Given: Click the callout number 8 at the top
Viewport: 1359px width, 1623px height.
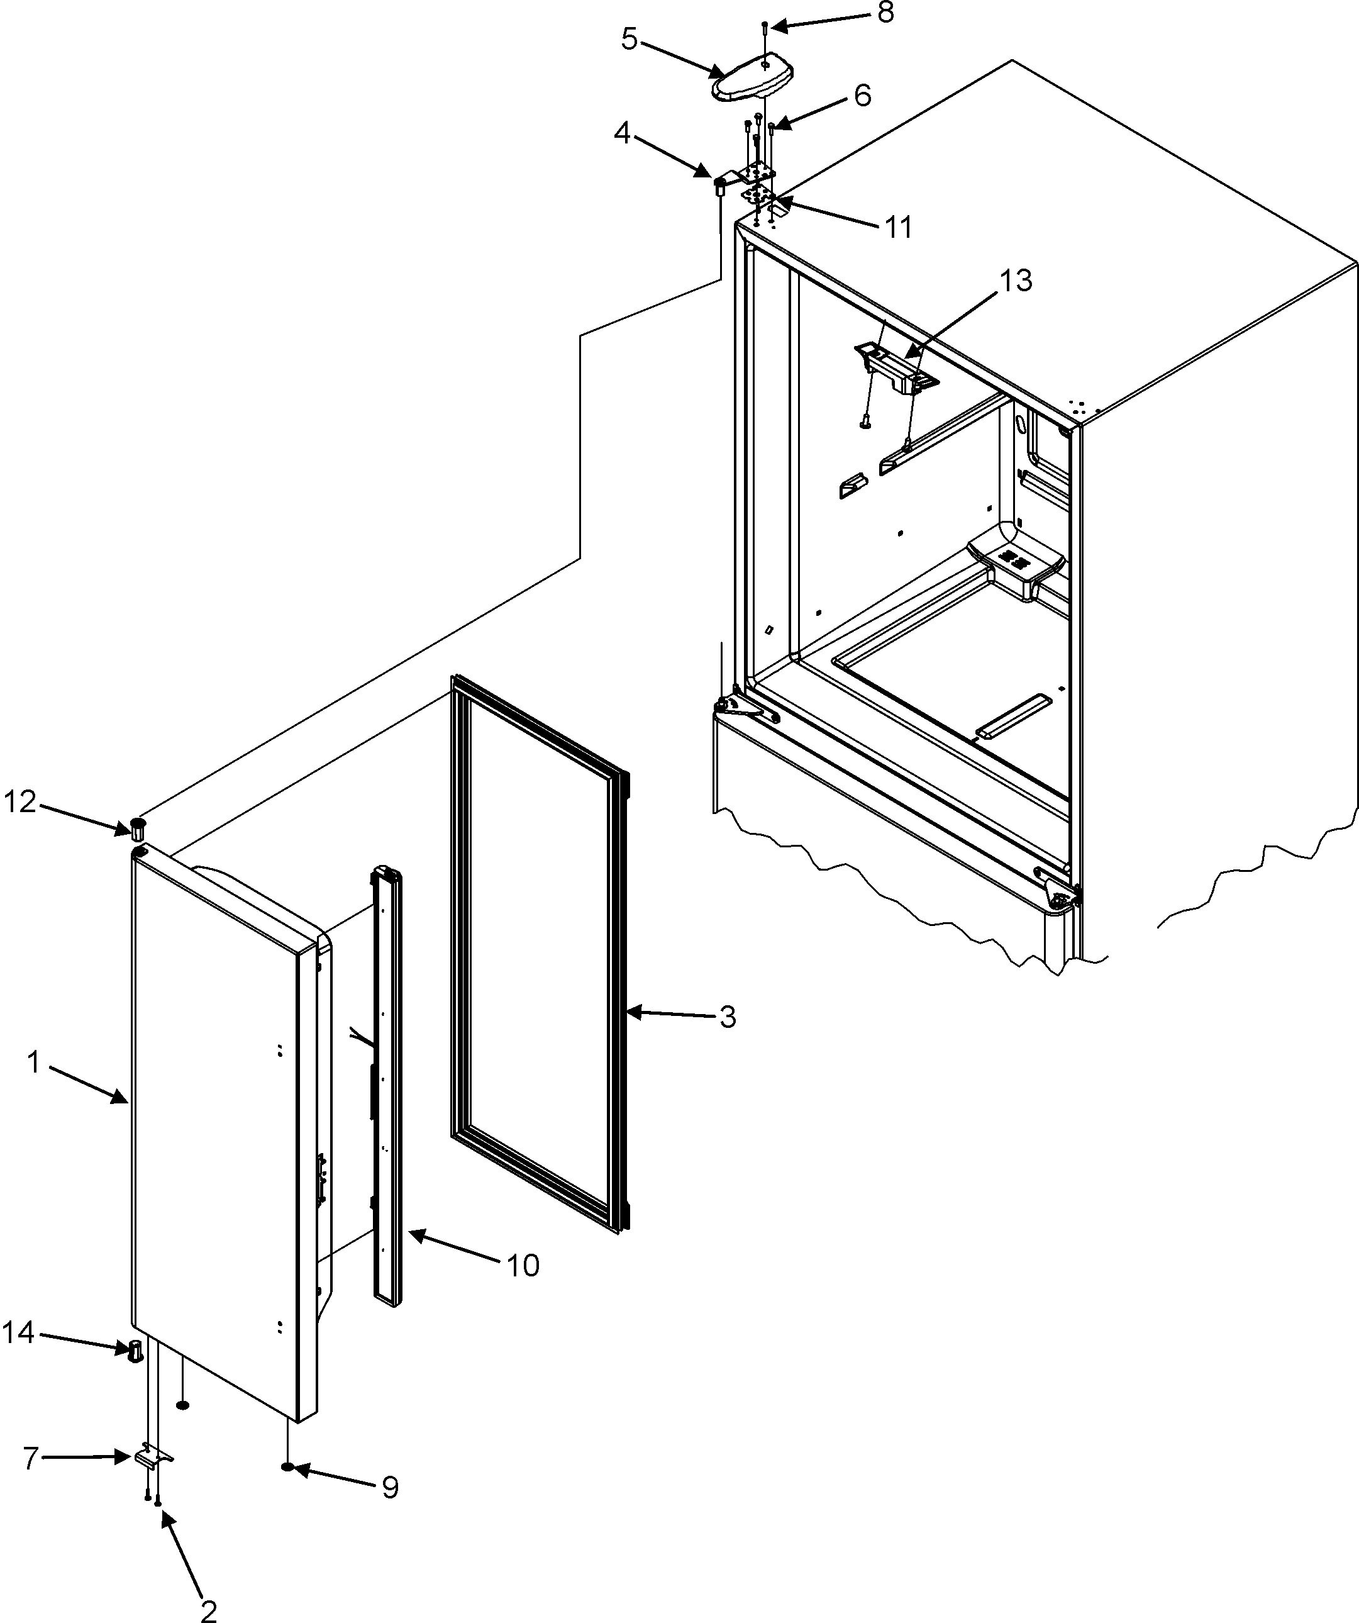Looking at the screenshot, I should pos(885,14).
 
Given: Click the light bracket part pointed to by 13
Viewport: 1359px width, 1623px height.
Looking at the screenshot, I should pos(896,368).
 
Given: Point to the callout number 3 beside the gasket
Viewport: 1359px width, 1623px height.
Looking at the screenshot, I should pos(727,1017).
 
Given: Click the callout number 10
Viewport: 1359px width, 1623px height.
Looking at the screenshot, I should pos(523,1265).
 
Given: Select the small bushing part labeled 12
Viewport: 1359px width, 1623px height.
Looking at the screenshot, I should pos(138,828).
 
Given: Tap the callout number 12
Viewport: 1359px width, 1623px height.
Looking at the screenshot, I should pos(21,802).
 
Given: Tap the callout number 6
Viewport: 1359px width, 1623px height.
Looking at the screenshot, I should pos(862,96).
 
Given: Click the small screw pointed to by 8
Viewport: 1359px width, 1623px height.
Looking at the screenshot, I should pos(763,26).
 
